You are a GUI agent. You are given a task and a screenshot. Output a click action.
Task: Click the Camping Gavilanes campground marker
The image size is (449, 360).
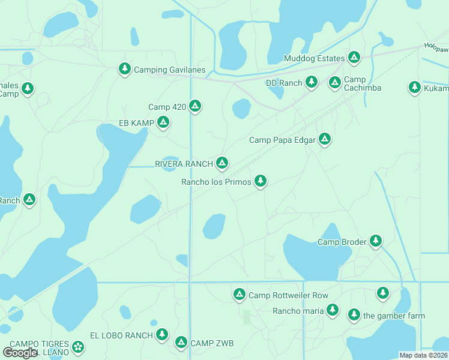pyautogui.click(x=124, y=69)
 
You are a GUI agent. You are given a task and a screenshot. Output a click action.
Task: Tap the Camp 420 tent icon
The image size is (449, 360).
pyautogui.click(x=194, y=106)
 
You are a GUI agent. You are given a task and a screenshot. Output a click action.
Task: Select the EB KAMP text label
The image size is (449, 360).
pyautogui.click(x=136, y=124)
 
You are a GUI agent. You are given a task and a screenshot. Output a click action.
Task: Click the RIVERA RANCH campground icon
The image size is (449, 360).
pyautogui.click(x=222, y=163)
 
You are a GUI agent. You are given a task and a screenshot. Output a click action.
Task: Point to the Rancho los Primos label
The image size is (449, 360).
pyautogui.click(x=216, y=182)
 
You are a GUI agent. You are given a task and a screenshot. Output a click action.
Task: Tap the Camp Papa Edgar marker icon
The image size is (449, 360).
pyautogui.click(x=325, y=139)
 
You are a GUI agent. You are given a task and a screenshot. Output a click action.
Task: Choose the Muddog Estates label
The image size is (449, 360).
pyautogui.click(x=314, y=58)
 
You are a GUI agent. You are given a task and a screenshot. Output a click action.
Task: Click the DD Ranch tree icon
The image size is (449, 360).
pyautogui.click(x=311, y=82)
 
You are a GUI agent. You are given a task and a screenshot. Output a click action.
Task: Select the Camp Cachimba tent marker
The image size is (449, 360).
pyautogui.click(x=335, y=82)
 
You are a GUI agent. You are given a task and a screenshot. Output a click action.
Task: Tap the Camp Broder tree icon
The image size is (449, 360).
pyautogui.click(x=376, y=241)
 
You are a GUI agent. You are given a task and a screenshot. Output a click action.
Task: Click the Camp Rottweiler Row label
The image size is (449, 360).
pyautogui.click(x=288, y=295)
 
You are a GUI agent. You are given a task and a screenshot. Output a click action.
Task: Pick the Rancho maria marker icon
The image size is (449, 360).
pyautogui.click(x=333, y=310)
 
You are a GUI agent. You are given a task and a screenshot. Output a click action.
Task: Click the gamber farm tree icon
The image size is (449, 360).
pyautogui.click(x=354, y=314)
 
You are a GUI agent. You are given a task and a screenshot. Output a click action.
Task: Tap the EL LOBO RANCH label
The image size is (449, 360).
pyautogui.click(x=121, y=335)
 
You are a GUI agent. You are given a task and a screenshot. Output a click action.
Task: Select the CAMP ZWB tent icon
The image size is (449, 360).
pyautogui.click(x=181, y=342)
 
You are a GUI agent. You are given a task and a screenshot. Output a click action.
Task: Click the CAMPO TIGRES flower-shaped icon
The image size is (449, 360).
pyautogui.click(x=78, y=346)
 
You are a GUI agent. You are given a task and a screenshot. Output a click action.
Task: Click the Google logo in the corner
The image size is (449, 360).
pyautogui.click(x=20, y=353)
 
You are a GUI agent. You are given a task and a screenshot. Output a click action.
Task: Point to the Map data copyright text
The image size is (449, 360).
pyautogui.click(x=424, y=355)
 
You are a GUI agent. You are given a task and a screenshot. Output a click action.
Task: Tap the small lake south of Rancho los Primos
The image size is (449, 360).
pyautogui.click(x=214, y=226)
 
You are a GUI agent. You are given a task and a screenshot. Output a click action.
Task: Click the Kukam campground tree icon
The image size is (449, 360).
pyautogui.click(x=414, y=87)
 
